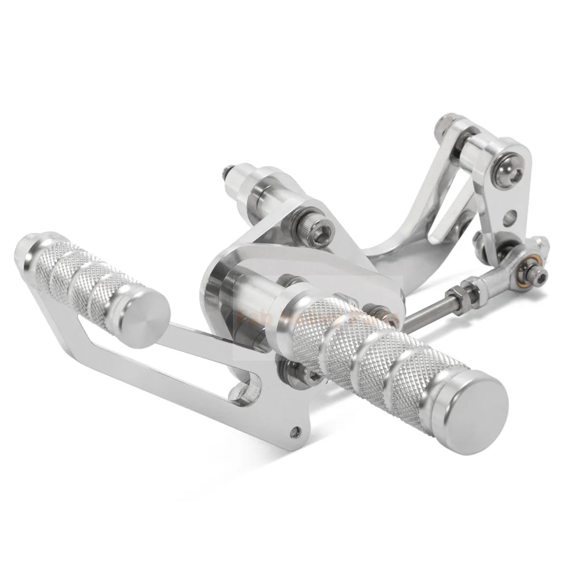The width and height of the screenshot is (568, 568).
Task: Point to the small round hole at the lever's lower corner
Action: click(293, 433)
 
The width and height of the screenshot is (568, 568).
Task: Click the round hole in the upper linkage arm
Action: click(512, 216)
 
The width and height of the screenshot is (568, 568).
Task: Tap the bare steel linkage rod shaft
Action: click(420, 310)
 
